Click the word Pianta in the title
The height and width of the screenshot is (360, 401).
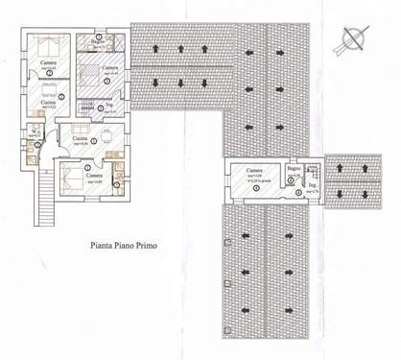coord(107,245)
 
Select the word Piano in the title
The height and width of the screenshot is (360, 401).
coord(134,245)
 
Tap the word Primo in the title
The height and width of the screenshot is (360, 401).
coord(160,245)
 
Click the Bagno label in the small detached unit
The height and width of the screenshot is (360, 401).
coord(294,169)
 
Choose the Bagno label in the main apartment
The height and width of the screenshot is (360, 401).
coord(98,41)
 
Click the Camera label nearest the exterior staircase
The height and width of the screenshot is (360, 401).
coord(94,176)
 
